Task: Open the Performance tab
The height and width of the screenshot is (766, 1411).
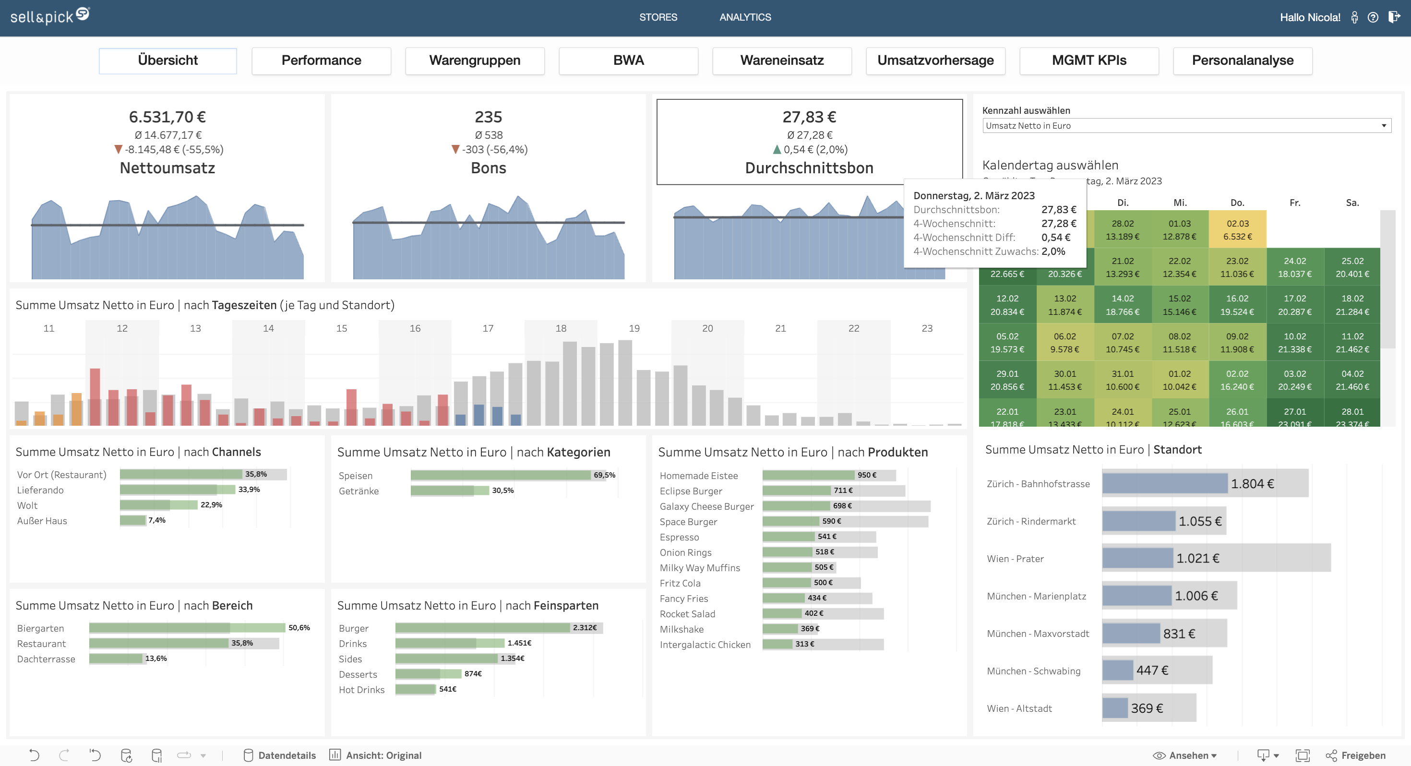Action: point(321,60)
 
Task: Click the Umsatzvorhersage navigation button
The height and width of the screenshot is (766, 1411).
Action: point(935,60)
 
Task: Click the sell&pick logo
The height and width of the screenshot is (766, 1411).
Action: point(49,16)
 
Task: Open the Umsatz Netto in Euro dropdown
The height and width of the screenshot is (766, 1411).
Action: point(1186,125)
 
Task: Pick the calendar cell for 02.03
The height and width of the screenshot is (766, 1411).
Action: point(1237,229)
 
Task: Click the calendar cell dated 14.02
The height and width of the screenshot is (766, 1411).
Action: point(1123,305)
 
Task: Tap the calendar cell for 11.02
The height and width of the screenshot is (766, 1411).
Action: point(1352,343)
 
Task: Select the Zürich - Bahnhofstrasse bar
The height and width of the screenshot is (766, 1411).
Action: point(1164,483)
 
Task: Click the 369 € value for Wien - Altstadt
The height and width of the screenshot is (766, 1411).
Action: point(1147,708)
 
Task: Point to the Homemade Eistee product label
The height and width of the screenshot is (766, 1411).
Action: point(698,476)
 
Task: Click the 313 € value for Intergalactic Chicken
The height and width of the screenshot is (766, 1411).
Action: point(805,644)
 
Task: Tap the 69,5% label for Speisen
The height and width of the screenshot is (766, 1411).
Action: point(604,475)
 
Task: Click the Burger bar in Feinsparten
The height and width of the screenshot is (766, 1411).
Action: point(482,627)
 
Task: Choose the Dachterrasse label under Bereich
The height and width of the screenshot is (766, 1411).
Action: point(46,659)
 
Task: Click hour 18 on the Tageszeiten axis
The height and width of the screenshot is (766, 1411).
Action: point(561,328)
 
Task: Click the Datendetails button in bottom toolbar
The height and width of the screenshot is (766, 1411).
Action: point(280,755)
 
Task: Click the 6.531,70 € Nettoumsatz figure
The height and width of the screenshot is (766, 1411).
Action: point(167,117)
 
